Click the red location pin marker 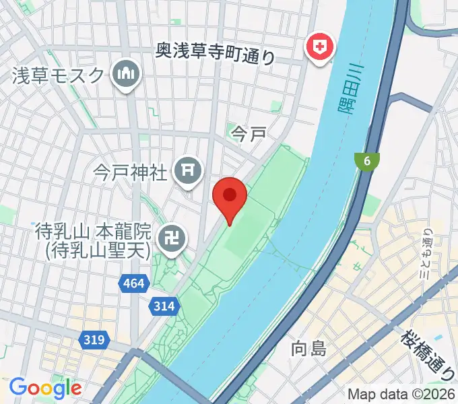point(230,197)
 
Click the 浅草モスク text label point(59,75)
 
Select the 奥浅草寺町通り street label point(216,52)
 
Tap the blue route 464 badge point(134,285)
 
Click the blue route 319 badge point(95,340)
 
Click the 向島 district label point(308,349)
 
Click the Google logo point(45,388)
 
